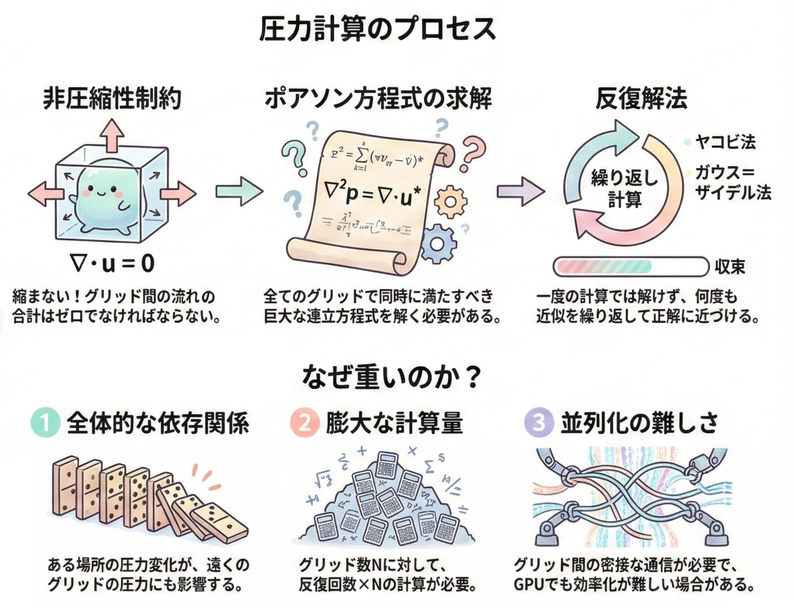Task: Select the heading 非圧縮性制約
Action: pyautogui.click(x=112, y=99)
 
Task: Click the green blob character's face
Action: pyautogui.click(x=99, y=193)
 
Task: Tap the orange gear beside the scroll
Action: pyautogui.click(x=453, y=198)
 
